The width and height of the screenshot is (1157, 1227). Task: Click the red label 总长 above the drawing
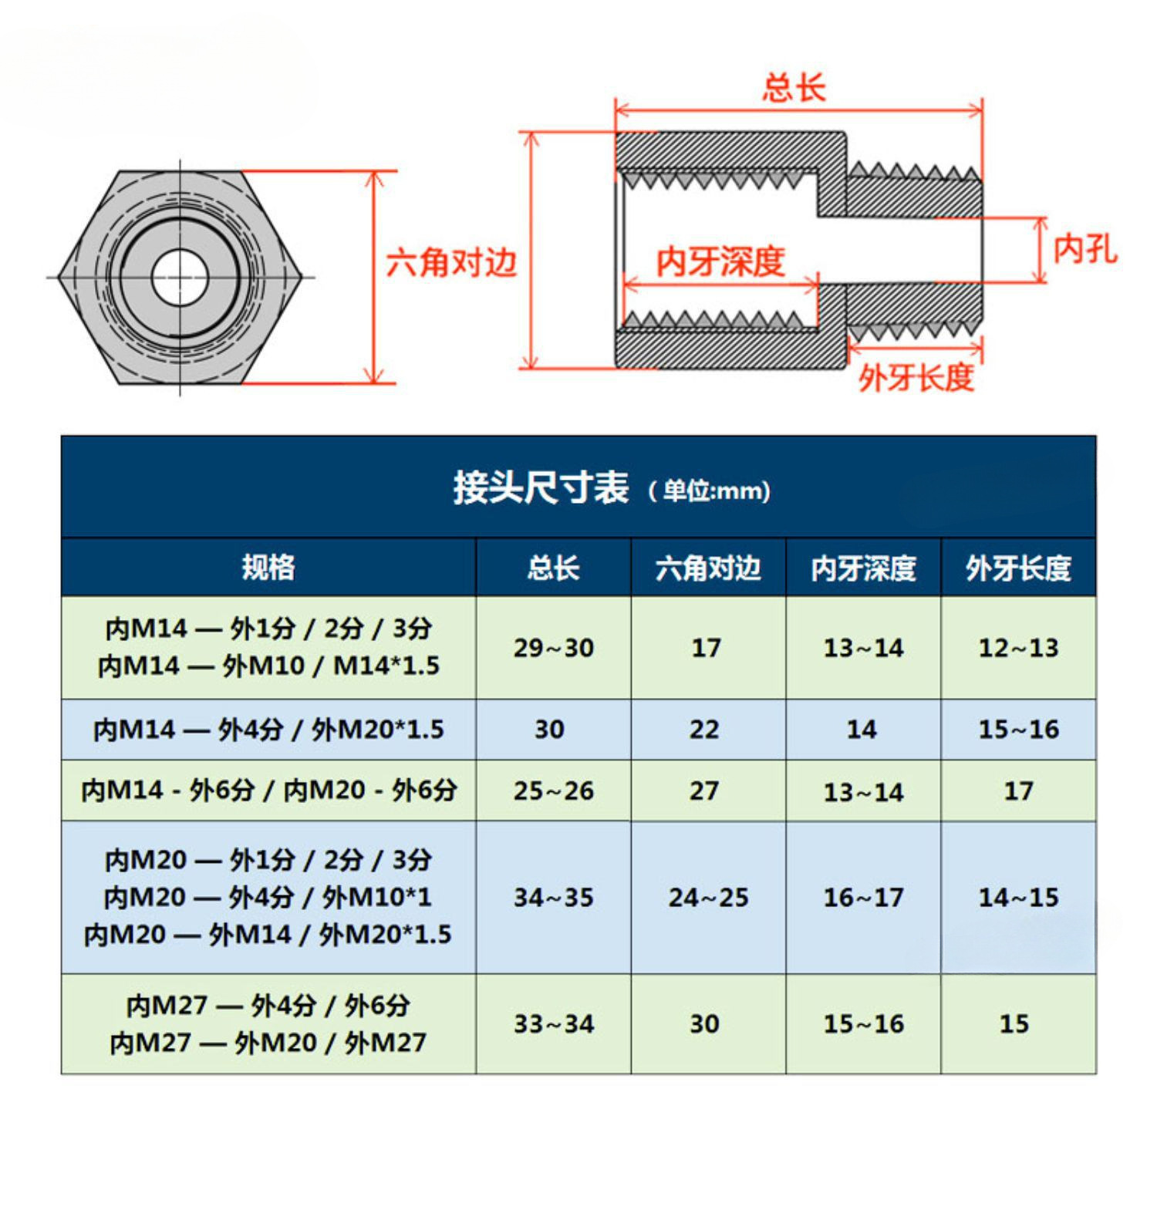(x=794, y=88)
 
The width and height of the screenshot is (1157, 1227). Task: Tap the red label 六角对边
(x=451, y=263)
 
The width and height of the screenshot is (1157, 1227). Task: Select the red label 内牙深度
(x=720, y=262)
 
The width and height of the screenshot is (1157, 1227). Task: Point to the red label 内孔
(x=1084, y=248)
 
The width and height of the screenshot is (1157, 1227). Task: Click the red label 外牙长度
(x=916, y=377)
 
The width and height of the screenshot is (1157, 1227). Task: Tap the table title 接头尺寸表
(x=540, y=487)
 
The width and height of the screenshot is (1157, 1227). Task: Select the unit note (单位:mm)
(x=709, y=491)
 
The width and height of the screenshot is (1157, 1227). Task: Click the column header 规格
(x=268, y=567)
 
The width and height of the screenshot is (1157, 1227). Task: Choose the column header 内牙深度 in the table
(x=863, y=568)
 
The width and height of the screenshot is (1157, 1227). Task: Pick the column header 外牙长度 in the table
(x=1018, y=568)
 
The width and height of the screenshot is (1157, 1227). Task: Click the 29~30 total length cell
(x=553, y=648)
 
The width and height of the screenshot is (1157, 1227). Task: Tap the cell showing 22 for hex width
(x=703, y=730)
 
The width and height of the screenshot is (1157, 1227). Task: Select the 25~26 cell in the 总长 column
(x=553, y=790)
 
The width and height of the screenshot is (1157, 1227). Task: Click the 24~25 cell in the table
(x=708, y=897)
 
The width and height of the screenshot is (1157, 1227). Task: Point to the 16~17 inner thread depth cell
(x=863, y=897)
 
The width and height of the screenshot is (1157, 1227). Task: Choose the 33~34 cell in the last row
(x=553, y=1023)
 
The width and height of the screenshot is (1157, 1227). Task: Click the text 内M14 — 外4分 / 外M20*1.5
(x=268, y=730)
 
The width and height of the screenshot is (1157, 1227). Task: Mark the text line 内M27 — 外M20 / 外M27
(x=268, y=1043)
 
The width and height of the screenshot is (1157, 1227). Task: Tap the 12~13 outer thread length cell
(x=1018, y=648)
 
